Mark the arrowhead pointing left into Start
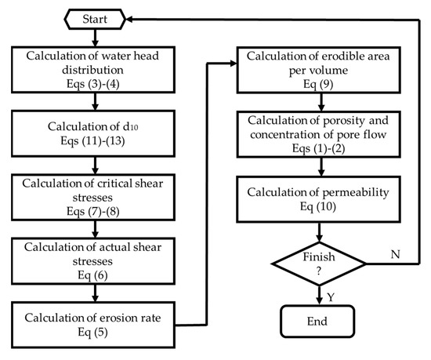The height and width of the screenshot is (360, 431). point(134,16)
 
